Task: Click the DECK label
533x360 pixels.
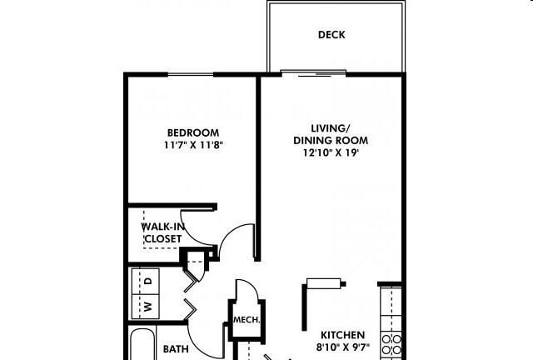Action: [331, 35]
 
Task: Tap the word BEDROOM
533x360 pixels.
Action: [193, 132]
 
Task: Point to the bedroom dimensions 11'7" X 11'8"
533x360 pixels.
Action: [193, 145]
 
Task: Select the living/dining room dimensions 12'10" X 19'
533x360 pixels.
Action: [331, 152]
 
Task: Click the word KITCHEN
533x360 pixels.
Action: [342, 335]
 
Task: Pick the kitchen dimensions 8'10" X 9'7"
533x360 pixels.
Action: [342, 347]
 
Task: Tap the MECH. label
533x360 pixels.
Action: [247, 320]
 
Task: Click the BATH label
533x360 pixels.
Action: [176, 349]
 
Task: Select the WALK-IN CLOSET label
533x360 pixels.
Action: [163, 232]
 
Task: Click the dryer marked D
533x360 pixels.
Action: [146, 282]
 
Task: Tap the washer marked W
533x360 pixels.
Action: [146, 307]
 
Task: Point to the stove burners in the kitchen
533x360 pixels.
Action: [391, 344]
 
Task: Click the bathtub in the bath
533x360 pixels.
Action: [142, 343]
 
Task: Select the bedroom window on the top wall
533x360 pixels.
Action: [191, 74]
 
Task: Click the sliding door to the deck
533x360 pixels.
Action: [313, 73]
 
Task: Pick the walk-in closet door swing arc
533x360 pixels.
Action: [190, 236]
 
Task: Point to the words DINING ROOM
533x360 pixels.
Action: [331, 140]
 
